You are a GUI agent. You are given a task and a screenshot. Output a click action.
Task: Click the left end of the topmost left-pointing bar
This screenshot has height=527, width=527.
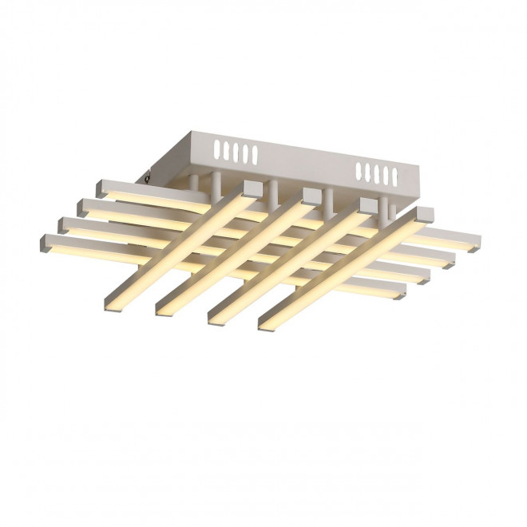point(101,188)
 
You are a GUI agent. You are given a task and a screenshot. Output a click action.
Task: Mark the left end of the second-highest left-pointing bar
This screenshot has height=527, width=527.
point(82,206)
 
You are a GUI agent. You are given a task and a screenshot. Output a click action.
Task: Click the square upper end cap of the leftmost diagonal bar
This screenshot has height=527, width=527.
point(251,185)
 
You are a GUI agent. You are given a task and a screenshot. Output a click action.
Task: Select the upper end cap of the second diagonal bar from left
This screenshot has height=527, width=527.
point(311,194)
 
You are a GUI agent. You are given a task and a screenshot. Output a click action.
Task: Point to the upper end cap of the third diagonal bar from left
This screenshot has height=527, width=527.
point(368,204)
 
